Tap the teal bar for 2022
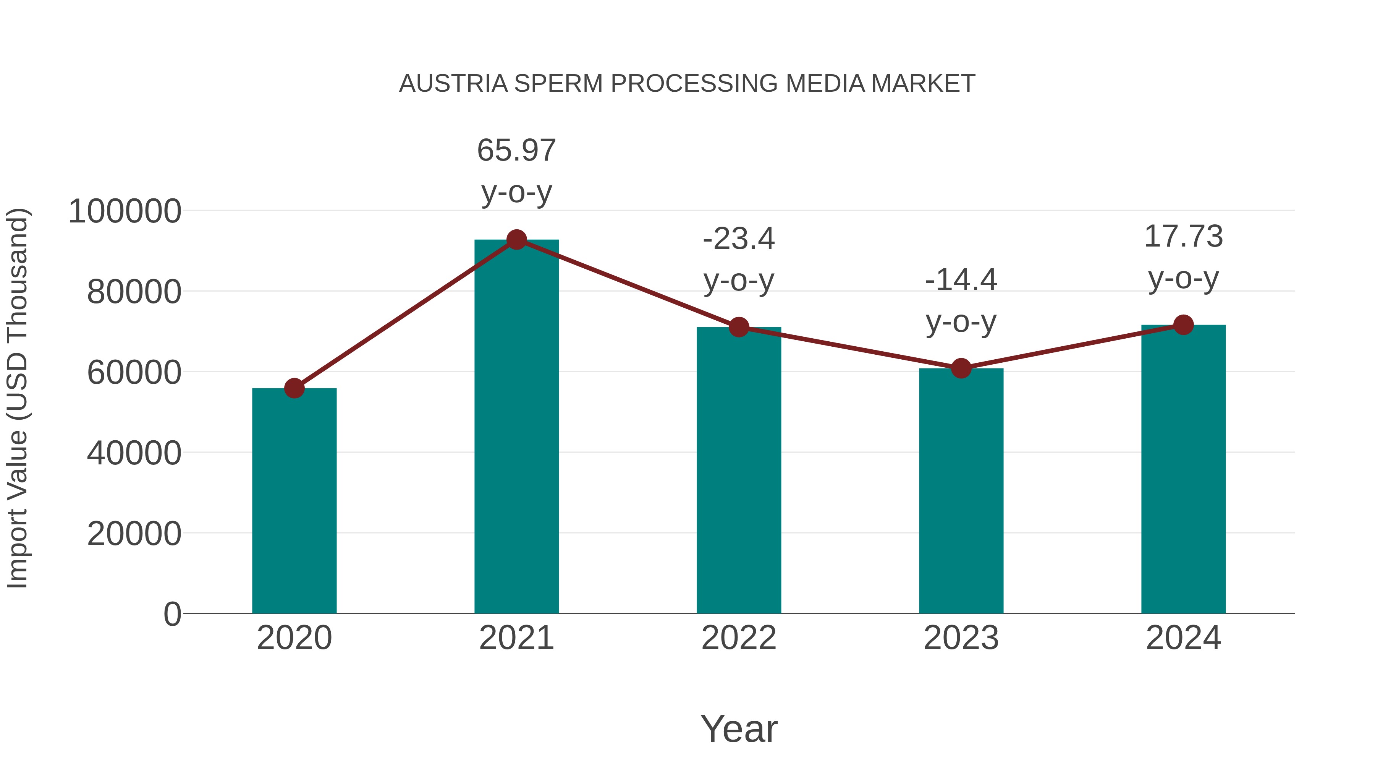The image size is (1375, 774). click(739, 470)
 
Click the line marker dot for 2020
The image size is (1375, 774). click(294, 388)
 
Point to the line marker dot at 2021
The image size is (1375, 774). click(516, 240)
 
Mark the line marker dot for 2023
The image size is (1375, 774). click(961, 368)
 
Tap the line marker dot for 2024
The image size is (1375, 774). click(1183, 325)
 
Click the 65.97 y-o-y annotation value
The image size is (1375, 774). click(516, 150)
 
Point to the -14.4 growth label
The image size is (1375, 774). click(961, 280)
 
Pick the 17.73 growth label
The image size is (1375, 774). click(1183, 236)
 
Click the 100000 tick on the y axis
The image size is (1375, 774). click(125, 211)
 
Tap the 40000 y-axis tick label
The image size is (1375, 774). click(134, 453)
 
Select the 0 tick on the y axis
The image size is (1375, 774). click(172, 614)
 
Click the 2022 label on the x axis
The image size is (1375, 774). click(739, 638)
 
